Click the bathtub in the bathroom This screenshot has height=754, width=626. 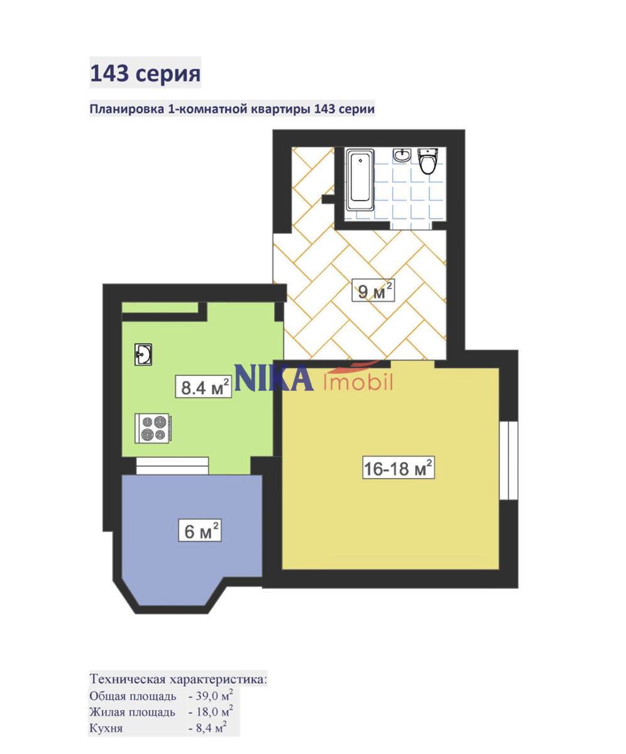point(360,180)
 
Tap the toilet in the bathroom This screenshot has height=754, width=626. point(428,161)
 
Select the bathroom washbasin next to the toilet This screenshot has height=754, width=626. point(402,155)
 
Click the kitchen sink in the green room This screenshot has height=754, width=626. point(143,354)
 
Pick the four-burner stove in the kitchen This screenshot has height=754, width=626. point(153,429)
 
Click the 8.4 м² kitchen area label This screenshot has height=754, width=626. point(204,387)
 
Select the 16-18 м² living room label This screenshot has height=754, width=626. point(398,468)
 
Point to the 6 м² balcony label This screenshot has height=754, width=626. point(200,530)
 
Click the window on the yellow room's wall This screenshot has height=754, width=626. point(508,461)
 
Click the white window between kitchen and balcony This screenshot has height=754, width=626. point(172,466)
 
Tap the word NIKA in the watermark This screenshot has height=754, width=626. point(274,378)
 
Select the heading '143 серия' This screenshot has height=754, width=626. point(145,73)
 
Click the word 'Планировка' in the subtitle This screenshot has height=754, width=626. point(127,109)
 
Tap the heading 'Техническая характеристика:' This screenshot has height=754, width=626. point(178,679)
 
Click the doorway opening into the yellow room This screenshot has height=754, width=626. point(412,364)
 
